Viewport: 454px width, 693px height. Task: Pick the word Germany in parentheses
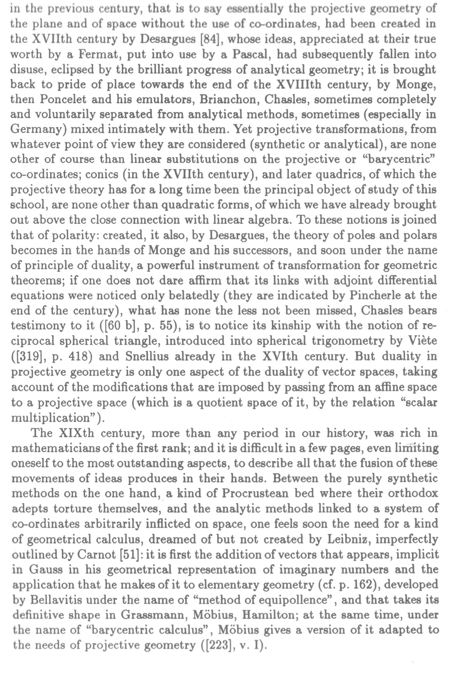coord(36,129)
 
